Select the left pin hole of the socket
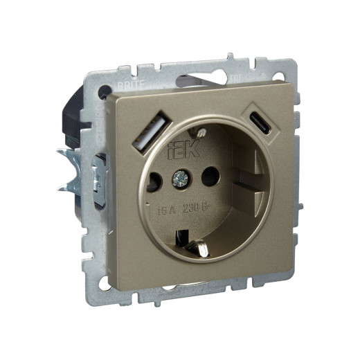tap(154, 181)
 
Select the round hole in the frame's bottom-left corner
tap(105, 282)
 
